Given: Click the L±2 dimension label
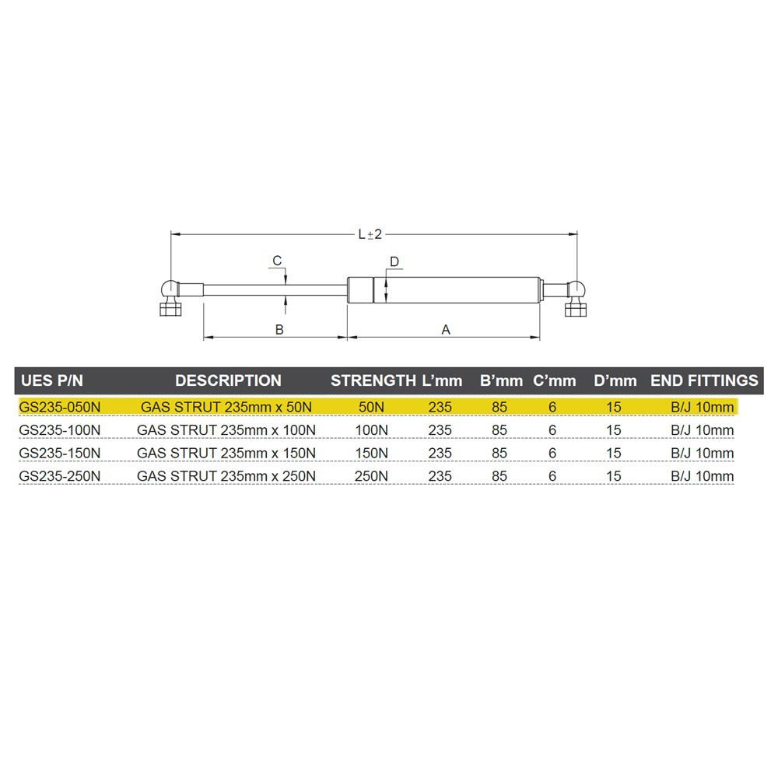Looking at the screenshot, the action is [x=370, y=233].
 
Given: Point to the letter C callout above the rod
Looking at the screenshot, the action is [x=278, y=261].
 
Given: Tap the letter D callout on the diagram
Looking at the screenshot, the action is [x=394, y=262].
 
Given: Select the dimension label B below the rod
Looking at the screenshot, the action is [x=279, y=329].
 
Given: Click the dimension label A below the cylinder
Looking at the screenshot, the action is [x=446, y=329].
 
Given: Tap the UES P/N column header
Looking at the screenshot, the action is [x=52, y=380].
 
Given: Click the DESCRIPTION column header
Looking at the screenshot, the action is [x=228, y=380].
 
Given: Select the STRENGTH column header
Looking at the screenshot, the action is [x=373, y=380].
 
